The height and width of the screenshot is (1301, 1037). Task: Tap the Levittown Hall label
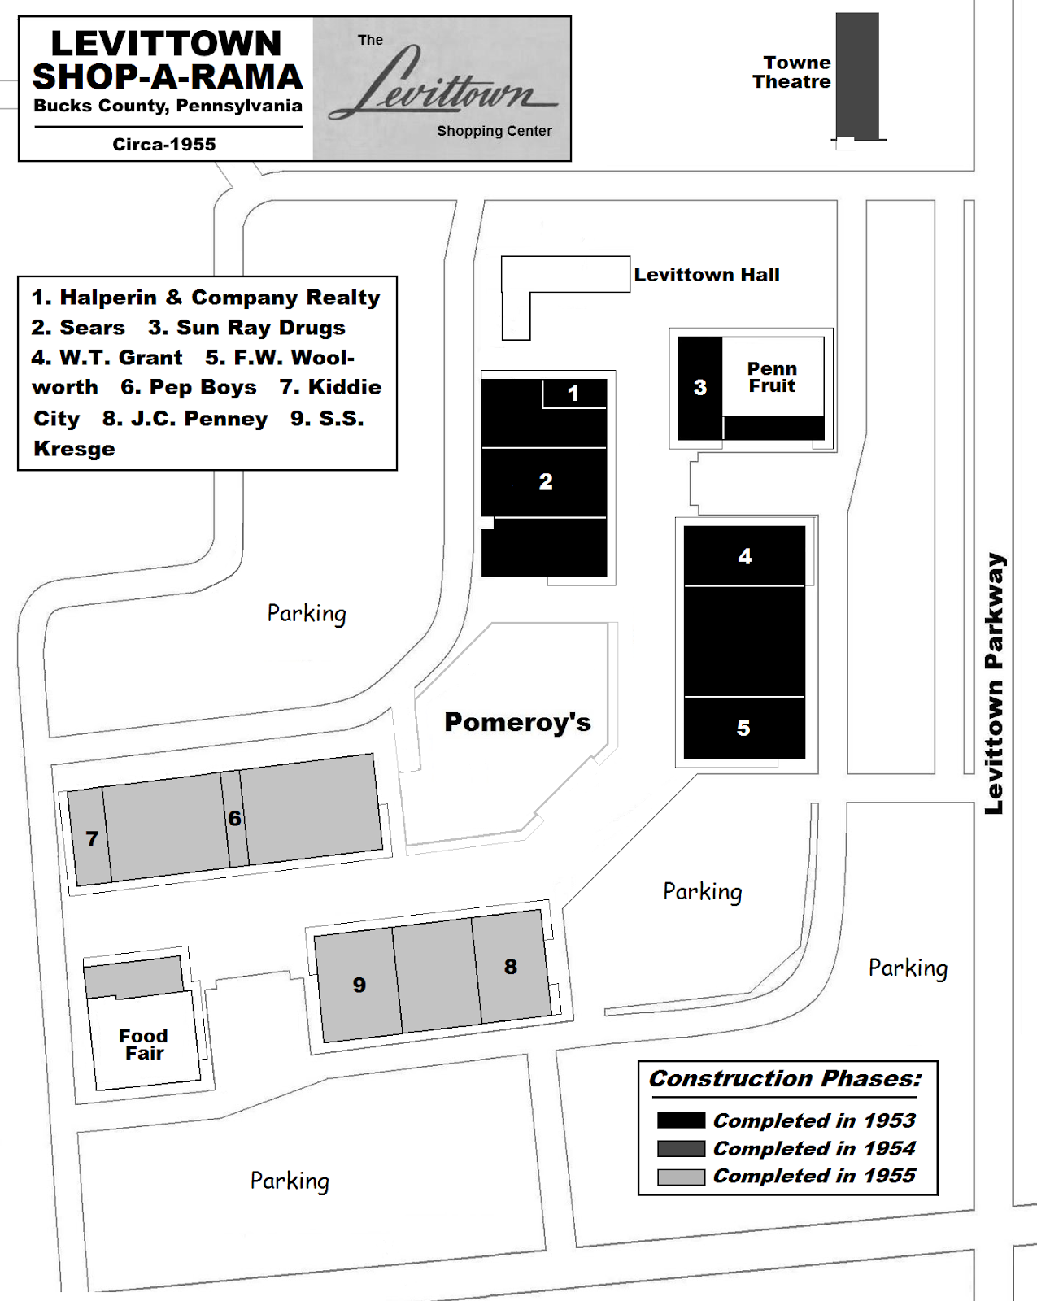click(706, 275)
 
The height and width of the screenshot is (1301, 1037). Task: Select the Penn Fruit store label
click(772, 377)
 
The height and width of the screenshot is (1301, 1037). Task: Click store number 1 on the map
click(573, 394)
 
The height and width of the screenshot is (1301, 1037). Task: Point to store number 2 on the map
click(546, 481)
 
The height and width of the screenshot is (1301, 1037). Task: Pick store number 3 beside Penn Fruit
click(700, 388)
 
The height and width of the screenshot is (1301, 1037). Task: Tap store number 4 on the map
click(745, 556)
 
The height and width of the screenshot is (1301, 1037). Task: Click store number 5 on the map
click(743, 728)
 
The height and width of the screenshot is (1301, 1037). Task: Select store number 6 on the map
click(234, 818)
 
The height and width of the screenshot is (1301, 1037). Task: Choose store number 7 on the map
click(92, 839)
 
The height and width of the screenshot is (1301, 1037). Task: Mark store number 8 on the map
click(510, 967)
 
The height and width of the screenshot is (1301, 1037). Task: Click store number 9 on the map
click(359, 986)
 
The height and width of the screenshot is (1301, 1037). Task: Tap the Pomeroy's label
click(517, 722)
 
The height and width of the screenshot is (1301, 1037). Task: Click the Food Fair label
click(144, 1045)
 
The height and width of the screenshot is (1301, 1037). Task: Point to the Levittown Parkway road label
click(994, 683)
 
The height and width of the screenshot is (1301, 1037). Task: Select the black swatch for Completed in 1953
click(681, 1120)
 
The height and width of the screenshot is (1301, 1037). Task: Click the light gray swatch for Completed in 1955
click(681, 1177)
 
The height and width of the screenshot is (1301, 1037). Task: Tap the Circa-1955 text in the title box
click(164, 145)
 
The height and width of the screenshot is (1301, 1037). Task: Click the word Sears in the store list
click(92, 328)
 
